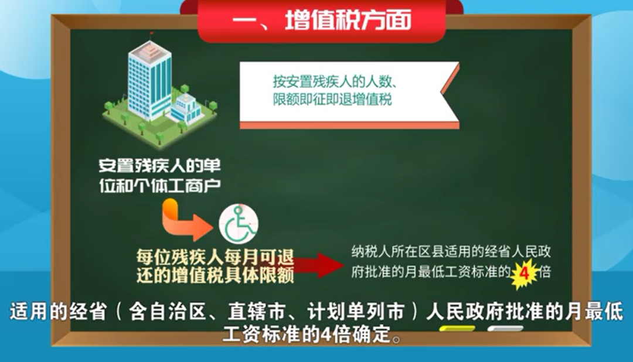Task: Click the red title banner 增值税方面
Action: click(322, 20)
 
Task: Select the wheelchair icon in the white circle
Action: click(239, 224)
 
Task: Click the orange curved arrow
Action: click(183, 221)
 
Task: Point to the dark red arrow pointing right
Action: click(318, 265)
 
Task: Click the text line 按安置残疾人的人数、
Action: click(335, 82)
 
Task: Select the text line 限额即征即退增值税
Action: click(332, 100)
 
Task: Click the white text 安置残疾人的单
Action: click(160, 166)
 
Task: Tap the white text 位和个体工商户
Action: click(160, 186)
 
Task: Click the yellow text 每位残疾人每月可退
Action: click(215, 257)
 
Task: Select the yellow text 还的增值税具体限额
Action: click(215, 275)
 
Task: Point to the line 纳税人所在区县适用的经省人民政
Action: click(451, 252)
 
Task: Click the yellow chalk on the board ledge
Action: click(457, 329)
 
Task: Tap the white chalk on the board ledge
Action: click(505, 329)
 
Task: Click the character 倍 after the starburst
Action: click(544, 272)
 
